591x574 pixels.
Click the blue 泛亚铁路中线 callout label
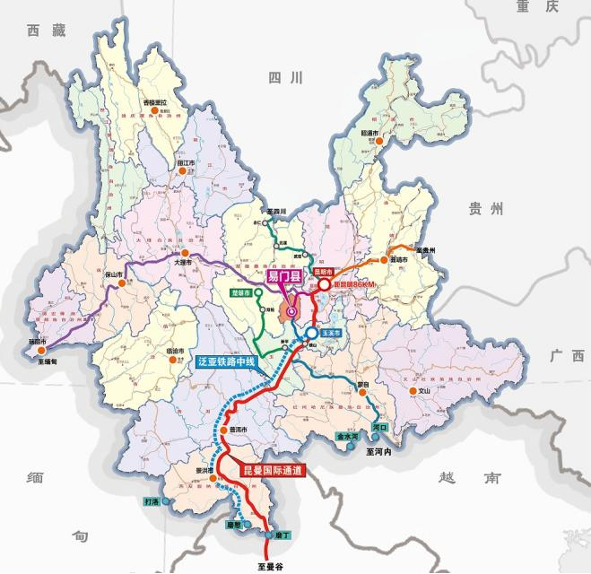point(226,362)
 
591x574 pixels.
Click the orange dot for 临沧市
point(173,361)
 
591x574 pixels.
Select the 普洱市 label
point(238,430)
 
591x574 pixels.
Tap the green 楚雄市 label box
point(240,293)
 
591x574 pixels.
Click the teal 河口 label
point(380,428)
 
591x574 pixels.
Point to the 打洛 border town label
point(151,500)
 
